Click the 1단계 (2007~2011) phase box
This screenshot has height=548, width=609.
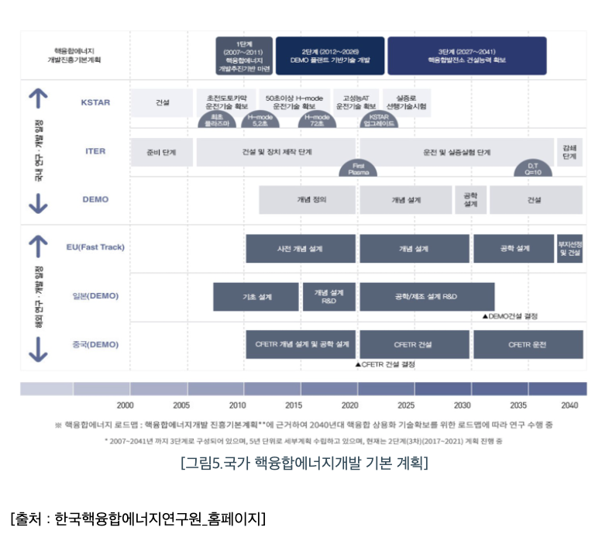[243, 55]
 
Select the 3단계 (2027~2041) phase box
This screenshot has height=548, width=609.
[466, 55]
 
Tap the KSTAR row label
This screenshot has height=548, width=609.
[95, 102]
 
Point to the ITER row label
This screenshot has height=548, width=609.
[95, 151]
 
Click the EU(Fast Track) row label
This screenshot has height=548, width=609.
[95, 247]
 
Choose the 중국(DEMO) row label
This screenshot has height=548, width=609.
[95, 343]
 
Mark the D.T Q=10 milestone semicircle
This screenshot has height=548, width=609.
[534, 169]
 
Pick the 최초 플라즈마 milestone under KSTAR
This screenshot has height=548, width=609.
[216, 120]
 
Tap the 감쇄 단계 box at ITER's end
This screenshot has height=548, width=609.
[569, 152]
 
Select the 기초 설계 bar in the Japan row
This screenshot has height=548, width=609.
[256, 296]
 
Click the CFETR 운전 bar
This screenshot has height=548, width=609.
[528, 344]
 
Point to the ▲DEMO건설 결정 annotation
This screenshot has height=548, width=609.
[509, 315]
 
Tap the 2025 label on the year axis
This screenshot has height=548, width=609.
[407, 405]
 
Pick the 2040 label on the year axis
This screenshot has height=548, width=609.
[569, 405]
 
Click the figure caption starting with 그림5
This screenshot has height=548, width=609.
[304, 464]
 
